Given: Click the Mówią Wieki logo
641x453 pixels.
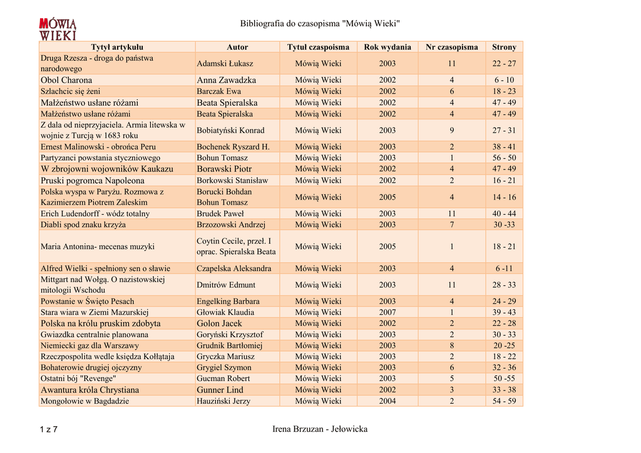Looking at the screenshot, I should (58, 29).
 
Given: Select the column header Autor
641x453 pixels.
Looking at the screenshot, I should (237, 47).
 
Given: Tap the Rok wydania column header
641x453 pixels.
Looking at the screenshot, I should (387, 47).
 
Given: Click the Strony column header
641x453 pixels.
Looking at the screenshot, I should (504, 47).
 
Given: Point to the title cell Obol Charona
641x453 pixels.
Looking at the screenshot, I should (66, 80).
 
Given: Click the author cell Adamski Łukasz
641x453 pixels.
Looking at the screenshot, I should (225, 64).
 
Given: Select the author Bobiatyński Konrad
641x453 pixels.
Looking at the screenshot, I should (230, 130).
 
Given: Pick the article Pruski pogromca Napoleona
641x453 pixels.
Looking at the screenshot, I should (93, 180).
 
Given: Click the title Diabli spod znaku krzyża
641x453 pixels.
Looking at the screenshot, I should (83, 225).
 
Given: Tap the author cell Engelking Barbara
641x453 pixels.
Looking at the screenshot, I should (228, 302).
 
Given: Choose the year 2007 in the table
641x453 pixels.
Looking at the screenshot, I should (387, 312).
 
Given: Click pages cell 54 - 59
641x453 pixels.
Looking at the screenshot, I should (504, 401).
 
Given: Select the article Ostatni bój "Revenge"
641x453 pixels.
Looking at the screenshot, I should (78, 379).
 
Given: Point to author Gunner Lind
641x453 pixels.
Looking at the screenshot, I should (220, 390).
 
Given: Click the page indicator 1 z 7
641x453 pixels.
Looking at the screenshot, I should (48, 429).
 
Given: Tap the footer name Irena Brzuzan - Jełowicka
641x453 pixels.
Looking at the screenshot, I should (320, 429).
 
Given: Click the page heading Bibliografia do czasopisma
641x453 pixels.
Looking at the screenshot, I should (320, 24).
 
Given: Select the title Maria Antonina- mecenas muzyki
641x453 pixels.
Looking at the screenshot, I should (98, 247).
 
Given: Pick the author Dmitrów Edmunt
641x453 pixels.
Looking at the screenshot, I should (226, 285).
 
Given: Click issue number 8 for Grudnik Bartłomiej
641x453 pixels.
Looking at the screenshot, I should (451, 345).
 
